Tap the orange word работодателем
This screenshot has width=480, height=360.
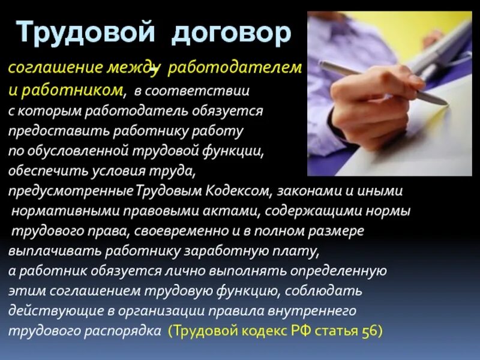click(x=235, y=68)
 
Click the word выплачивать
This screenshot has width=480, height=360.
click(x=44, y=251)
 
